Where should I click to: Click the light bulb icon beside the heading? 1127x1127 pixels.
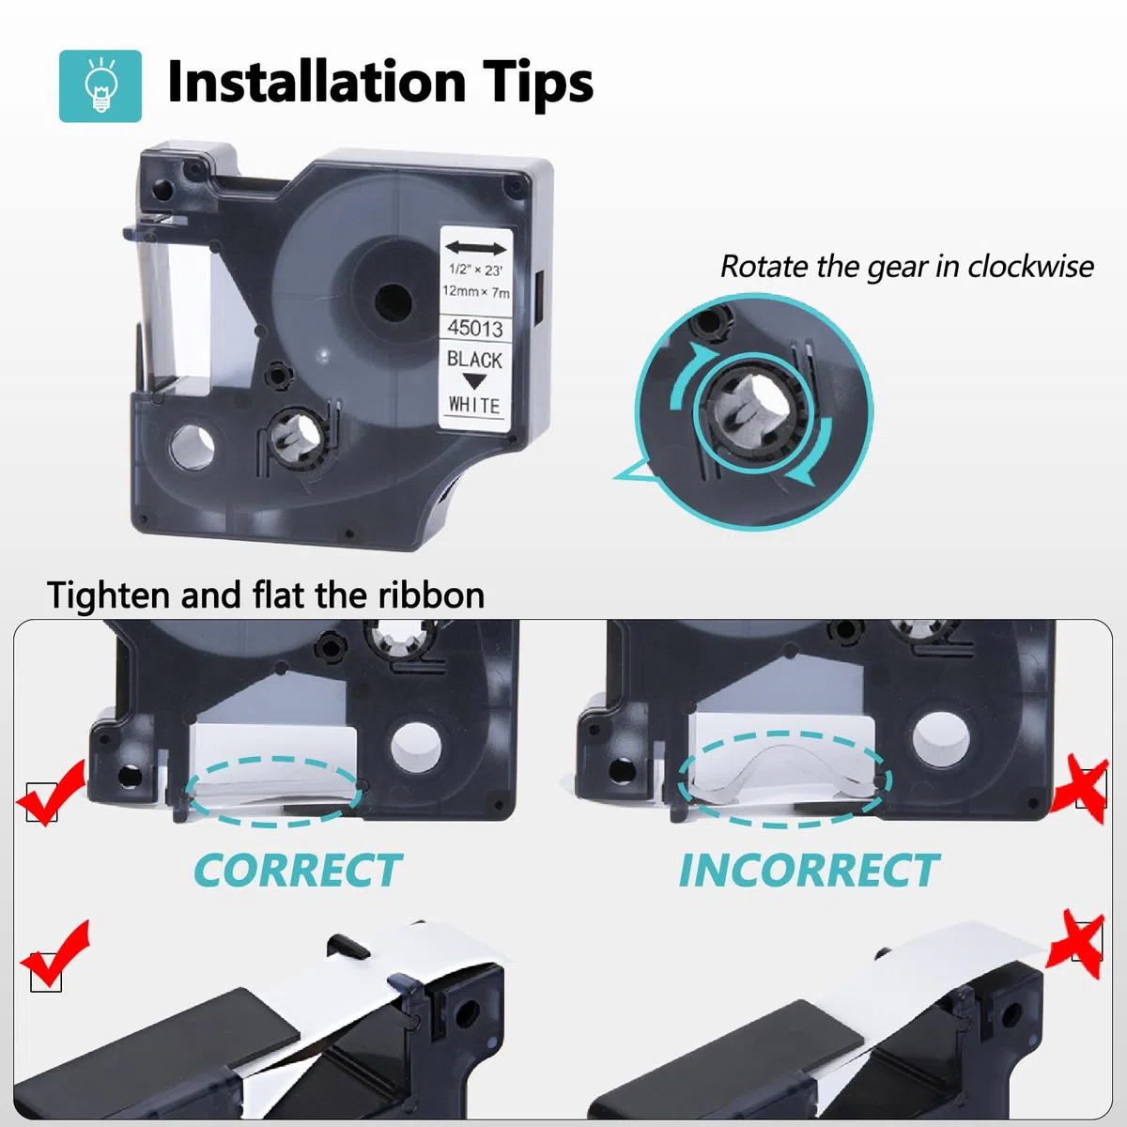click(x=100, y=86)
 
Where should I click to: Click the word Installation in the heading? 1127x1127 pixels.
click(x=316, y=82)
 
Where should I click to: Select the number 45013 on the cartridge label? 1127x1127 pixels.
click(x=475, y=328)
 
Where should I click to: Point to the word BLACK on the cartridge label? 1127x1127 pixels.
click(x=474, y=359)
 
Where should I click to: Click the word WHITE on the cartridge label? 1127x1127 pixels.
click(x=474, y=405)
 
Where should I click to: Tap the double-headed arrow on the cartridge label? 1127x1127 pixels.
click(x=475, y=248)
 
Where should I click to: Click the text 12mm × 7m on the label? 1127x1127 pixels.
click(x=476, y=290)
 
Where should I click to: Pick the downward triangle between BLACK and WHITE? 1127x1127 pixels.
click(x=474, y=382)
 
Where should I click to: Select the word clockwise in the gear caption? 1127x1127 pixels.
click(x=1030, y=267)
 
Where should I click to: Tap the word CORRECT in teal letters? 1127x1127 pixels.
click(x=298, y=871)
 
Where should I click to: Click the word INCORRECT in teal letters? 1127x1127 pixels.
click(x=809, y=871)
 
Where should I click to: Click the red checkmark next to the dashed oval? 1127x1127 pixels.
click(x=52, y=793)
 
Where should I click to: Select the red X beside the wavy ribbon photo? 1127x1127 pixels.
click(x=1079, y=789)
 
